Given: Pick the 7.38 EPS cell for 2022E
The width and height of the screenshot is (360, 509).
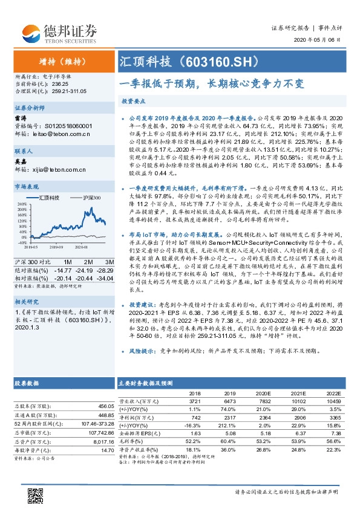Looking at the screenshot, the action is click(335, 433).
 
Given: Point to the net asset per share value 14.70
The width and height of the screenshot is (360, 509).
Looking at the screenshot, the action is click(107, 450).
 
